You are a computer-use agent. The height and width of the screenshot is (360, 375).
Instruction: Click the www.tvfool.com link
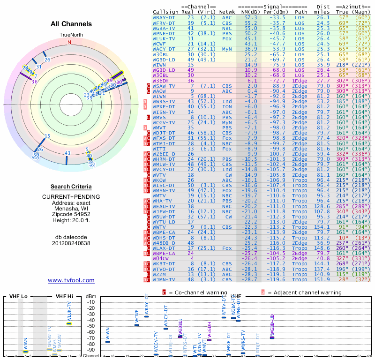71,280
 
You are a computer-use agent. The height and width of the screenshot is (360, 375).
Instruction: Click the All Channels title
71,24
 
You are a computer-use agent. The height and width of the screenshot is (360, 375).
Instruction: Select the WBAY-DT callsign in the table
164,17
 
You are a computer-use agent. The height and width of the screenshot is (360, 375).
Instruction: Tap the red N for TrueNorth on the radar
70,42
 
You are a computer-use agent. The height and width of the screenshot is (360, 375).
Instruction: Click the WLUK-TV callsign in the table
164,39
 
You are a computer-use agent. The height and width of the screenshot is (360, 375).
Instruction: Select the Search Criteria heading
71,187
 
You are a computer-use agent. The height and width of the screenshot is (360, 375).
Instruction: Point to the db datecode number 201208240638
71,243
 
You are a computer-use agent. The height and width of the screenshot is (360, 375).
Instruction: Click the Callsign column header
165,11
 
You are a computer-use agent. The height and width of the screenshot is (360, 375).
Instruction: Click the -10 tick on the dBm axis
90,302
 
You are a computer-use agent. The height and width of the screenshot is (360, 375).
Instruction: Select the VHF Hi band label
64,296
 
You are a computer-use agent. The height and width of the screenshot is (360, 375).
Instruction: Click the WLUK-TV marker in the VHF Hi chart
69,323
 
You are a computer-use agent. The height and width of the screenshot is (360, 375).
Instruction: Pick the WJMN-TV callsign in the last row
164,279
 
